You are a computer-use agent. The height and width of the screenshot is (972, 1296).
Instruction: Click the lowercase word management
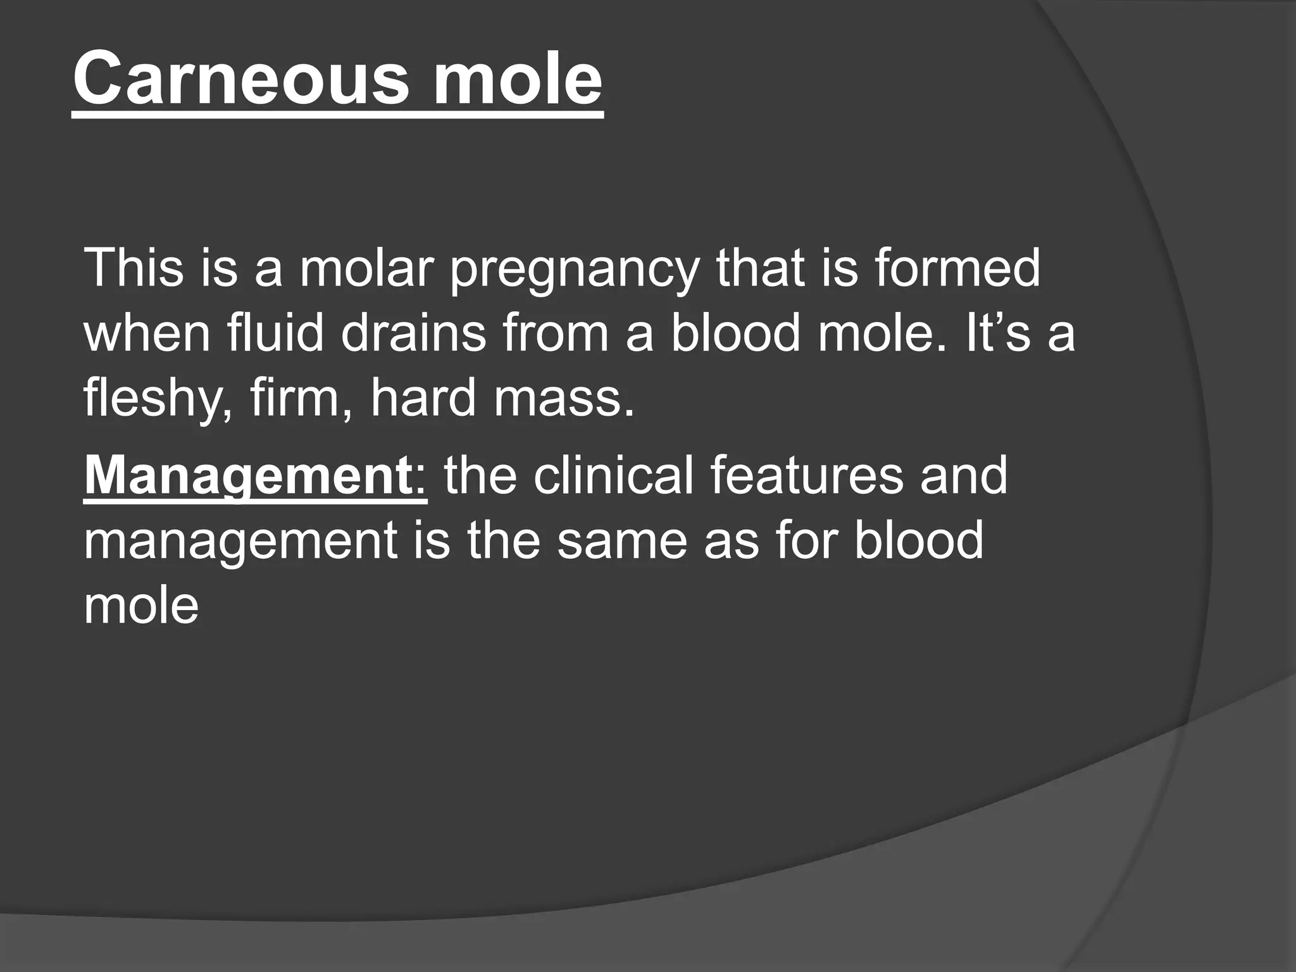240,543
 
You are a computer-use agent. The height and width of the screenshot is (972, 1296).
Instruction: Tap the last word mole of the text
141,606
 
